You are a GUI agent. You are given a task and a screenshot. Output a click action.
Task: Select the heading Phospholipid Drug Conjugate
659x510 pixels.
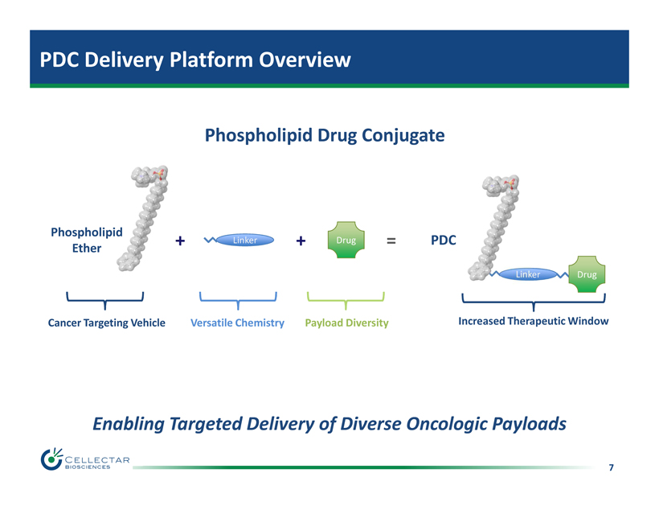[325, 135]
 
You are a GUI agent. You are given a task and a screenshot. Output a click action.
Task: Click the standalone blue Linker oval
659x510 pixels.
[244, 240]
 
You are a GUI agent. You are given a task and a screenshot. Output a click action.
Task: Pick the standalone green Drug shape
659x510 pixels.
[346, 240]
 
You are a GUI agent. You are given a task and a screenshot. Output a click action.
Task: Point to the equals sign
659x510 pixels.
[391, 240]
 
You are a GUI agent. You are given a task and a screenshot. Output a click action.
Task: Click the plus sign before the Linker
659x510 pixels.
[179, 240]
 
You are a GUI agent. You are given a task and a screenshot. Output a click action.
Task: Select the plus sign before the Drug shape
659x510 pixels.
[300, 240]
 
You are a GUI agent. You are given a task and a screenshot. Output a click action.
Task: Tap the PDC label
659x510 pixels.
[442, 240]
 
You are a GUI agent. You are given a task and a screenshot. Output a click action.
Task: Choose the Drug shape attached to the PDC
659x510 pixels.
[586, 274]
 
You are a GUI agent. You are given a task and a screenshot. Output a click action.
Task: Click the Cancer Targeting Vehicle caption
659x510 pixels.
[106, 323]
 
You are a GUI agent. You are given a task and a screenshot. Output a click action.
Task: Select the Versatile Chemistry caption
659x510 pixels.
[237, 323]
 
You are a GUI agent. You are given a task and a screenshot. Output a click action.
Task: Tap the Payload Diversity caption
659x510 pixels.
[346, 323]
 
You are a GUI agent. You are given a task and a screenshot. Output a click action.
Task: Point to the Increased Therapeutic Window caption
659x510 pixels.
[533, 321]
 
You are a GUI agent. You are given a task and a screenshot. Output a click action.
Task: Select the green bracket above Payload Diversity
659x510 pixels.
[346, 298]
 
